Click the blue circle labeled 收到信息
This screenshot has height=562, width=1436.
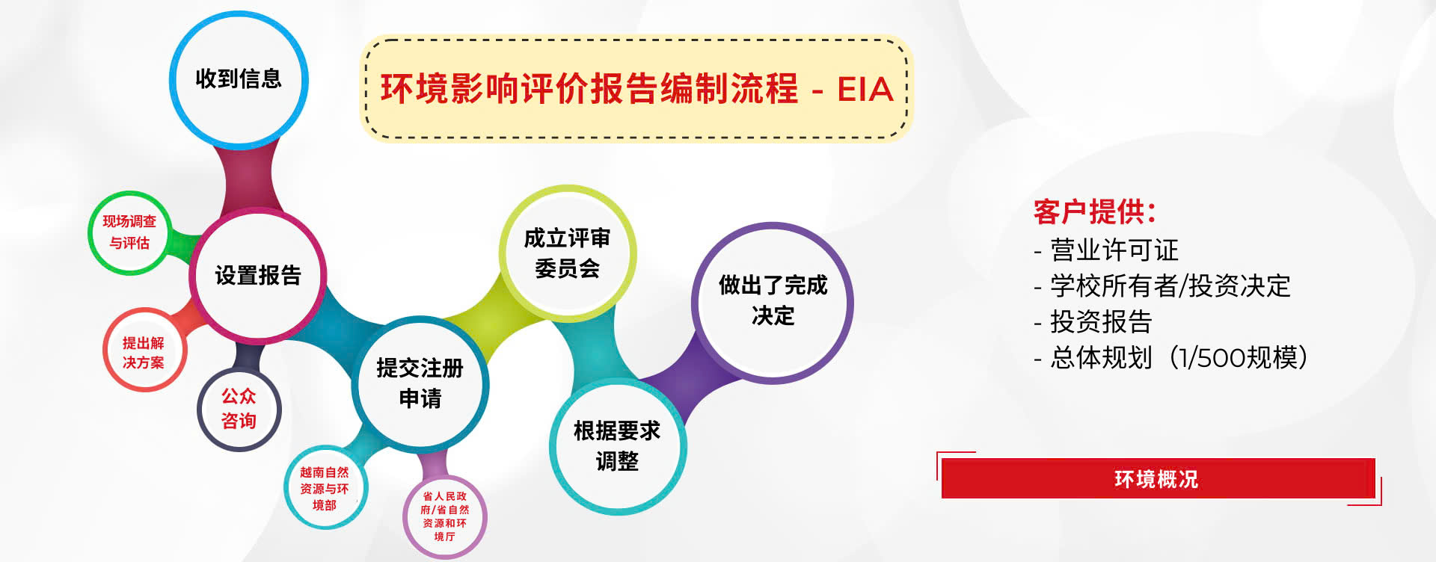pyautogui.click(x=239, y=79)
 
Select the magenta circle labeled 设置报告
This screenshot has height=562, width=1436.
pyautogui.click(x=258, y=276)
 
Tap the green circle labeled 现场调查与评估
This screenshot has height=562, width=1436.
pyautogui.click(x=129, y=232)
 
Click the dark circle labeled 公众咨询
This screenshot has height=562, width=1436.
pyautogui.click(x=239, y=408)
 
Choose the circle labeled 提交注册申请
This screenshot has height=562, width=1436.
pyautogui.click(x=420, y=383)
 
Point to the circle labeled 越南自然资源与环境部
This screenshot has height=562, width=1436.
pyautogui.click(x=325, y=488)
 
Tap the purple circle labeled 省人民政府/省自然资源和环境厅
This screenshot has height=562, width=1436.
pyautogui.click(x=444, y=516)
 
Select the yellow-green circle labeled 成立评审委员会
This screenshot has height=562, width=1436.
pyautogui.click(x=568, y=253)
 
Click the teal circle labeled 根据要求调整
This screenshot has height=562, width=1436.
pyautogui.click(x=618, y=446)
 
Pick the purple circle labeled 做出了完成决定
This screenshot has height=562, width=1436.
pyautogui.click(x=773, y=302)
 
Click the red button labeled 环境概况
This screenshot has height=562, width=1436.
pyautogui.click(x=1158, y=478)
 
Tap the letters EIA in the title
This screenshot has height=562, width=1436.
pyautogui.click(x=865, y=90)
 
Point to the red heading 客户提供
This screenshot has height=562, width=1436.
pyautogui.click(x=1094, y=212)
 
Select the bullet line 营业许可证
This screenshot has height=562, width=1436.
pyautogui.click(x=1106, y=250)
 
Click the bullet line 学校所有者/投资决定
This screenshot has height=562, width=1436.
pyautogui.click(x=1162, y=285)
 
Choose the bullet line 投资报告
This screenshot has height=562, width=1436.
pyautogui.click(x=1093, y=321)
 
